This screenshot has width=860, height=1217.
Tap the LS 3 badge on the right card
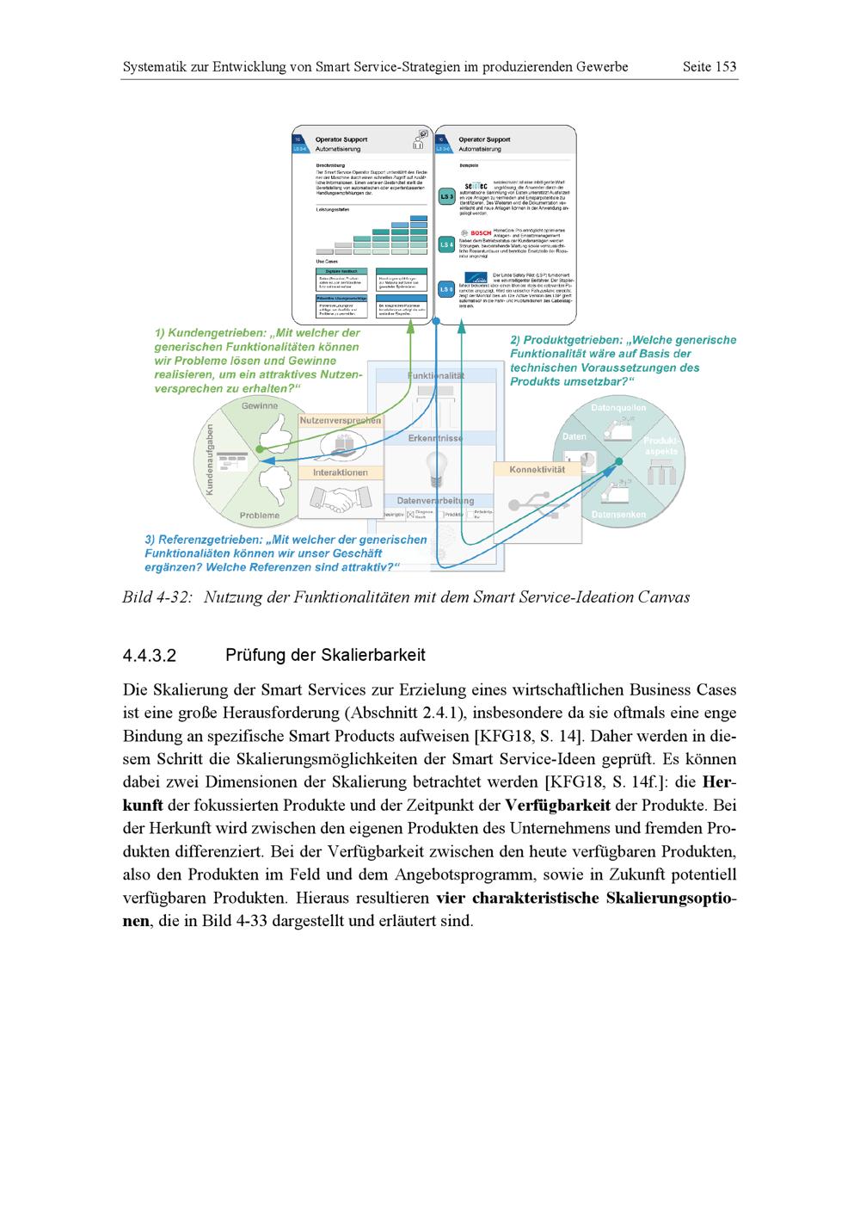pos(446,197)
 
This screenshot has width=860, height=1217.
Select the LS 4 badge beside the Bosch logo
pos(446,245)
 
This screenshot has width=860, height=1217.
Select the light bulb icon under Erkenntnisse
pos(435,469)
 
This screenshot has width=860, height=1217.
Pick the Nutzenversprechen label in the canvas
pos(341,421)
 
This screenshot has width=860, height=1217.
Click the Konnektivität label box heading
pos(537,470)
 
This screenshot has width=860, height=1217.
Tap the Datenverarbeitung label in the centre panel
pos(435,500)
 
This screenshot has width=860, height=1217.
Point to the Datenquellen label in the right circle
pos(618,407)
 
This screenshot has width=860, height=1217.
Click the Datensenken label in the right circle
pos(617,515)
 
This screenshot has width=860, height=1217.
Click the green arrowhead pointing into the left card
pos(410,325)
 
